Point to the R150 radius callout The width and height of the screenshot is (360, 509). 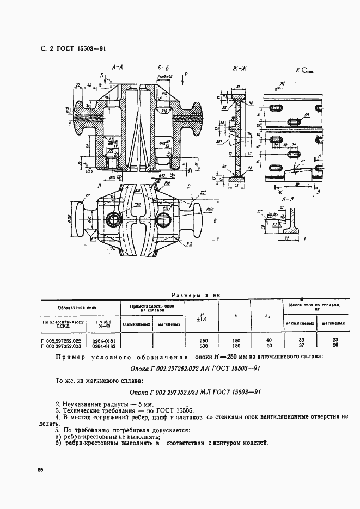click(x=211, y=208)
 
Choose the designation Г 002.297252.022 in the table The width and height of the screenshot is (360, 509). click(x=60, y=340)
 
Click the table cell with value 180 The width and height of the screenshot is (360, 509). click(x=236, y=346)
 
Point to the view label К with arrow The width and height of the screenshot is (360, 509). click(x=304, y=70)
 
